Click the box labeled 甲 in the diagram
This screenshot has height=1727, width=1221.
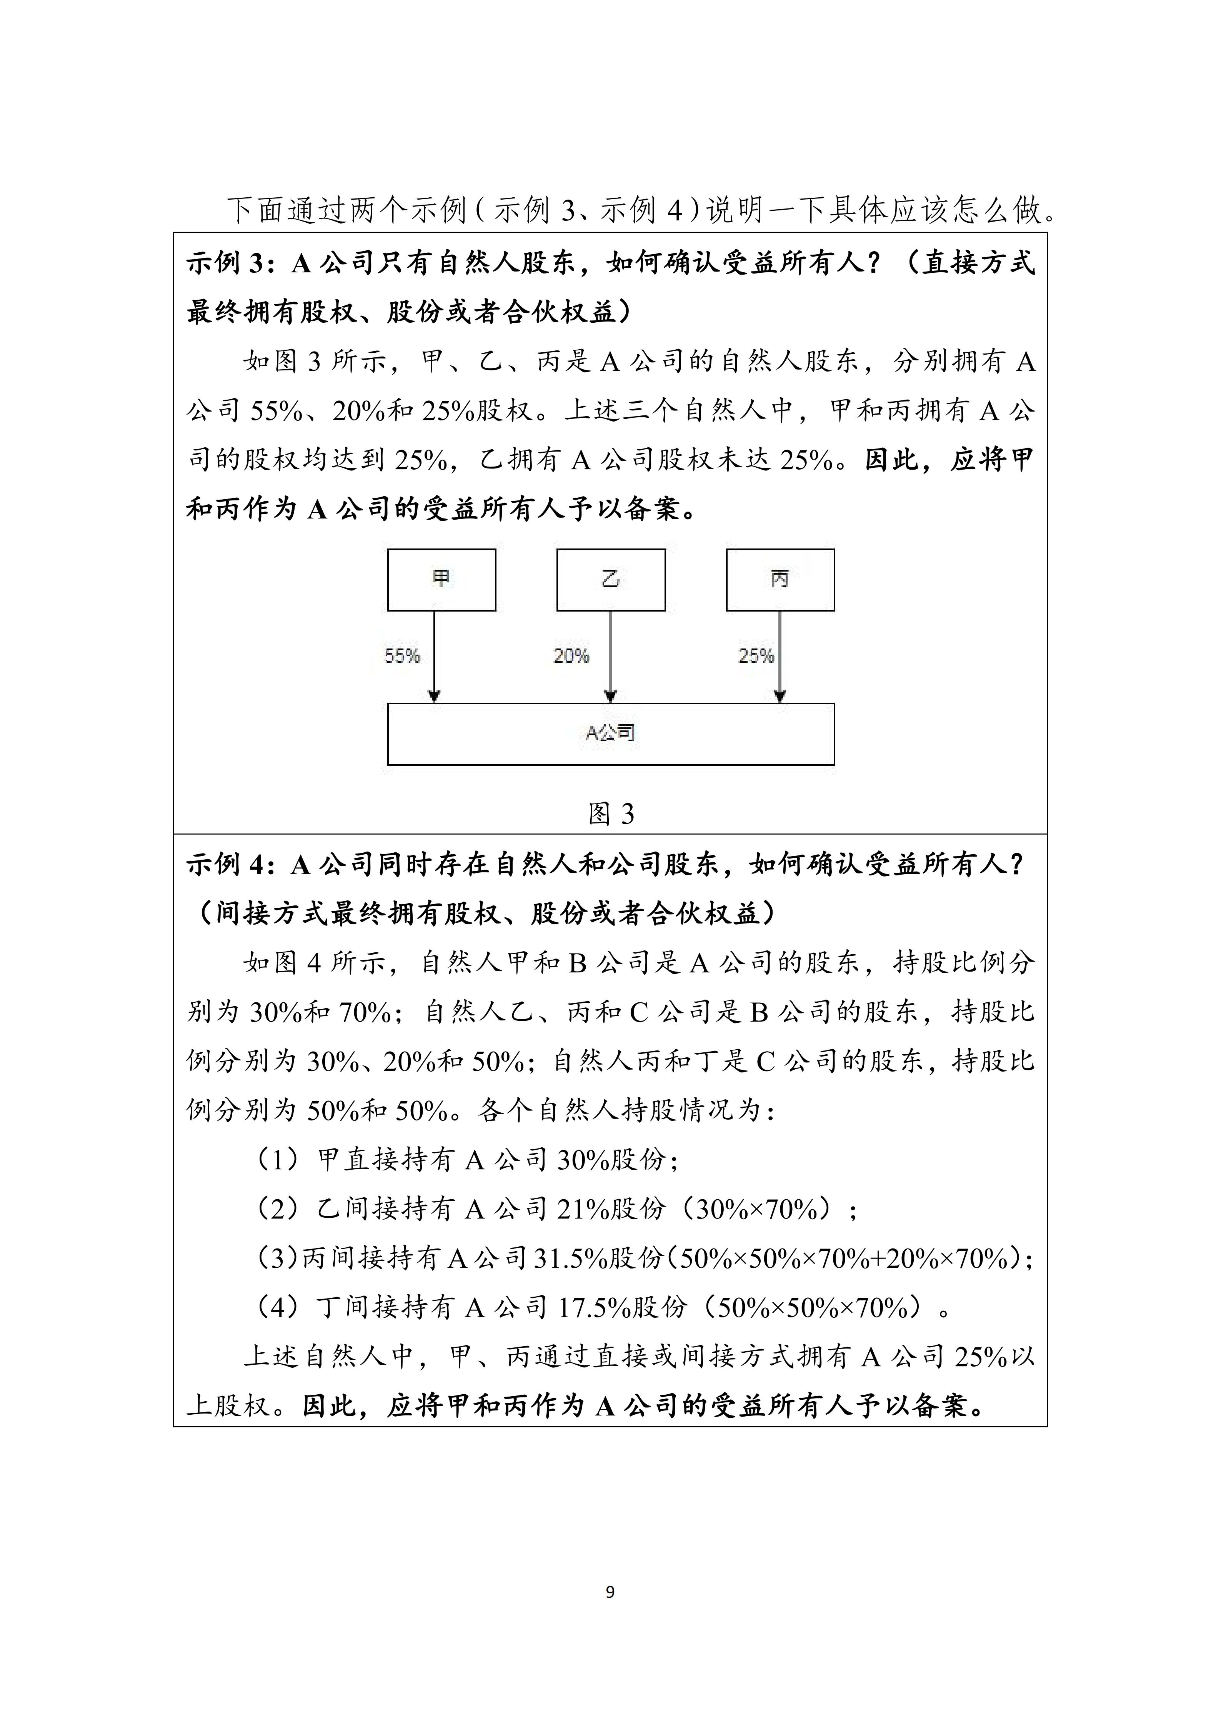pos(441,579)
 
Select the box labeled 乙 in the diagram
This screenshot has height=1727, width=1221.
pos(611,579)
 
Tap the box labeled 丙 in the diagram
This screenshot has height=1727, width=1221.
pos(780,579)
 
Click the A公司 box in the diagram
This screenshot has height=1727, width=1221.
pos(611,733)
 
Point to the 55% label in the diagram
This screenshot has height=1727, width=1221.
pos(402,656)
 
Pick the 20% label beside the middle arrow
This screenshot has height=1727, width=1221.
pos(571,656)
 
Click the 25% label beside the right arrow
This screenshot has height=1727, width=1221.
pos(756,656)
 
